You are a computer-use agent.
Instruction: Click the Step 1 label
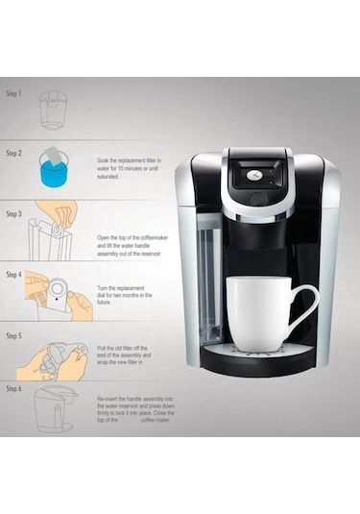[13, 96]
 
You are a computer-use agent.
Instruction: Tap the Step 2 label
[13, 153]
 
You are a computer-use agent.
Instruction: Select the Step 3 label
[13, 212]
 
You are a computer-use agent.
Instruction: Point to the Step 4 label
[13, 275]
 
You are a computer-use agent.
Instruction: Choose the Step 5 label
[13, 336]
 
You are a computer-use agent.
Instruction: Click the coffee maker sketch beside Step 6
[52, 408]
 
